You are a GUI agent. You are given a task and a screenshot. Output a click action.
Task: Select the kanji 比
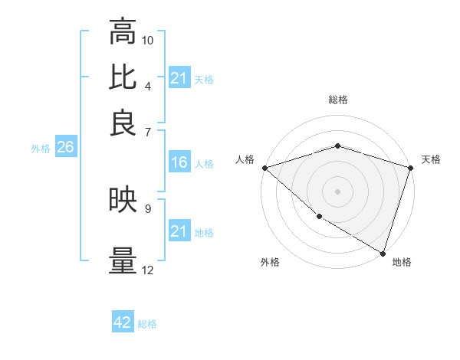123,77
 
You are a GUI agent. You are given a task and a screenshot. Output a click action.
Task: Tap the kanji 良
123,122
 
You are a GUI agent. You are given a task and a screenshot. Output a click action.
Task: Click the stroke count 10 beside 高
148,40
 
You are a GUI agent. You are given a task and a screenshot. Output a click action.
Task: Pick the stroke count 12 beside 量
148,270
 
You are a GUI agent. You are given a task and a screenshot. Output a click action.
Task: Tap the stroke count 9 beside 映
148,208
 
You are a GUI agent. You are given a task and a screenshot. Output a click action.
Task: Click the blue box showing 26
64,148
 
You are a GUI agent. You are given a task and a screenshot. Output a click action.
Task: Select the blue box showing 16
179,162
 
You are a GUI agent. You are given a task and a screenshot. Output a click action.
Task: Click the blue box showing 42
122,322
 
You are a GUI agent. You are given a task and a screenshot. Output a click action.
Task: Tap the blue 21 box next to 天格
179,78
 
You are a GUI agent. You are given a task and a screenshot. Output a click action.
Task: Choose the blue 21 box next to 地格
179,231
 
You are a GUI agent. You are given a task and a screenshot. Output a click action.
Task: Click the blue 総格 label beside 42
147,324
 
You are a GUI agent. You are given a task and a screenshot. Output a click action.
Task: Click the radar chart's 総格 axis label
337,100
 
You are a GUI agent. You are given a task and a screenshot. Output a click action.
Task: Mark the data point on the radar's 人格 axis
264,167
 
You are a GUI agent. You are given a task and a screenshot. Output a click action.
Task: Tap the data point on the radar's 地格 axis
383,252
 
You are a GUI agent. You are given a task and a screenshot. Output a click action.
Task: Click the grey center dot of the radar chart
337,191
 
